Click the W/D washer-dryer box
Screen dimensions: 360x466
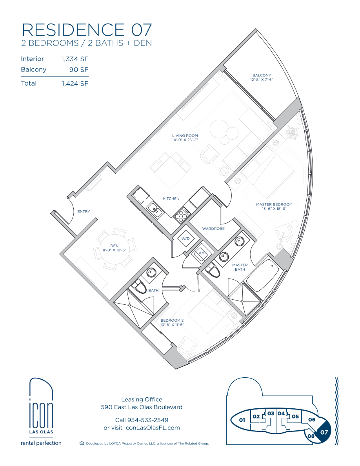tap(185, 238)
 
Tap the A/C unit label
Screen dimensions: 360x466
tap(202, 253)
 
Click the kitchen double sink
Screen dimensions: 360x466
tap(155, 209)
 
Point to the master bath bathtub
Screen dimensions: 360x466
tap(263, 276)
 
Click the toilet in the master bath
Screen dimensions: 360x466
tap(213, 270)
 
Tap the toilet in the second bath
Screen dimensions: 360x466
tap(139, 286)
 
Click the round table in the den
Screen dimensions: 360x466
tap(115, 249)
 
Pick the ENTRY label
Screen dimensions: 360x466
tap(84, 211)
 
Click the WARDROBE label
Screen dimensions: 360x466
tap(213, 229)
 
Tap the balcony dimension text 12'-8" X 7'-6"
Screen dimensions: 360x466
tap(262, 80)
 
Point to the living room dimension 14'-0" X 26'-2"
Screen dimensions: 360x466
tap(185, 140)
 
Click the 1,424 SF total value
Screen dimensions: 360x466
tap(75, 84)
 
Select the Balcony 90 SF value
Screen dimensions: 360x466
tap(79, 69)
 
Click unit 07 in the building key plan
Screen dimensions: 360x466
tap(323, 432)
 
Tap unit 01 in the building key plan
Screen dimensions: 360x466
tap(242, 420)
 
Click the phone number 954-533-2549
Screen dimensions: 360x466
tap(147, 420)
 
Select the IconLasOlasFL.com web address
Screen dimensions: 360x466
tap(152, 428)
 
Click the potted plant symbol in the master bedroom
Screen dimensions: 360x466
tap(292, 133)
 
